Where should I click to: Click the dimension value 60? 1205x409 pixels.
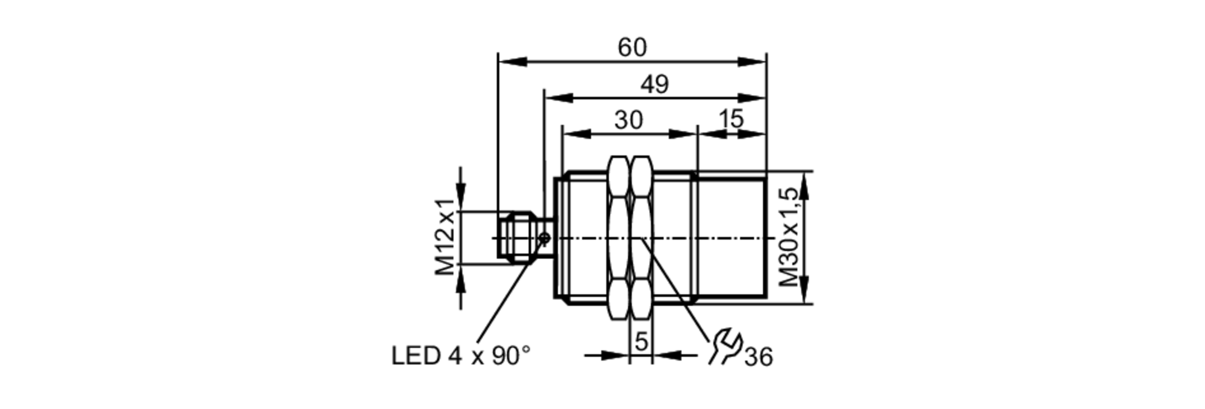click(632, 48)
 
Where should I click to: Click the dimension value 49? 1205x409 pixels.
click(654, 84)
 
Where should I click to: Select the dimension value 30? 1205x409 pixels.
click(628, 120)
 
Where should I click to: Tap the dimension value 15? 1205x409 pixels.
click(731, 119)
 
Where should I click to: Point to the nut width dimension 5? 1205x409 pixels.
click(641, 342)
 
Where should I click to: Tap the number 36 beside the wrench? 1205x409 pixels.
click(758, 357)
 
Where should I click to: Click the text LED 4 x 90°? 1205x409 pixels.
click(461, 356)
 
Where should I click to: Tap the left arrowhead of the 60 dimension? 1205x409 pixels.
click(512, 61)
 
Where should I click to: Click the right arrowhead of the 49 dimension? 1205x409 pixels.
click(752, 98)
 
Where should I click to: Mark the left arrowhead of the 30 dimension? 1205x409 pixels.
click(575, 134)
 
